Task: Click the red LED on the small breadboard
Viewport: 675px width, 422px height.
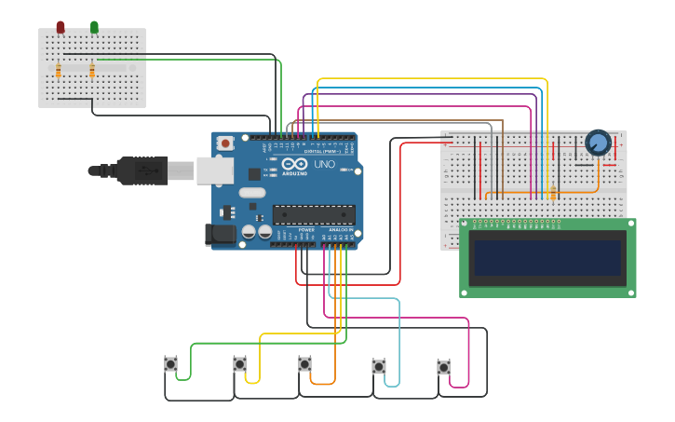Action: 61,27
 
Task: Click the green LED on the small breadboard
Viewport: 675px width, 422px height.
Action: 94,27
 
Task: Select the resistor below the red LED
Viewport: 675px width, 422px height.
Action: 59,71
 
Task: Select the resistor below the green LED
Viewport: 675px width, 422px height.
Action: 92,71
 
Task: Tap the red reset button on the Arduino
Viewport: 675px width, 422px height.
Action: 224,143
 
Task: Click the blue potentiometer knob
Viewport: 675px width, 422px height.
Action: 598,143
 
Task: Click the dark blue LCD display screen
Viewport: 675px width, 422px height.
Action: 547,258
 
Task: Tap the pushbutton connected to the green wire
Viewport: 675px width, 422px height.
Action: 170,364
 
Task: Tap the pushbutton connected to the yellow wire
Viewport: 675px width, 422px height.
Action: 239,364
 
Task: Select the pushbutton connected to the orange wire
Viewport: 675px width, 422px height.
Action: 304,363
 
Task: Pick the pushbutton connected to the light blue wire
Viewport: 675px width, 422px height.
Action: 379,366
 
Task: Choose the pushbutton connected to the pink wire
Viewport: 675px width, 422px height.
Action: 443,367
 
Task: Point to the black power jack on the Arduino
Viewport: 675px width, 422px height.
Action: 220,235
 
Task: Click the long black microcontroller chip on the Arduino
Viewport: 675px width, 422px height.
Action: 313,214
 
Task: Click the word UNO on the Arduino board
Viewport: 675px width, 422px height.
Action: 324,165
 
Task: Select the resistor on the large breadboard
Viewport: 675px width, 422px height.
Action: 553,192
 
